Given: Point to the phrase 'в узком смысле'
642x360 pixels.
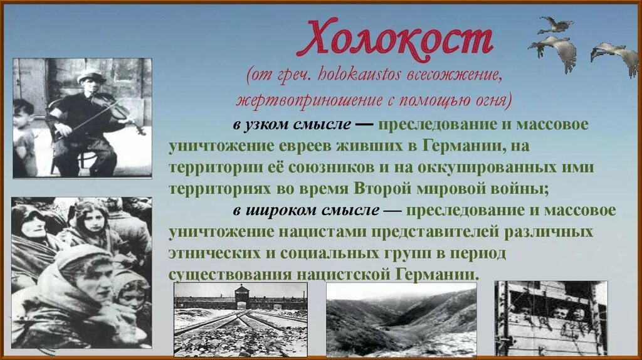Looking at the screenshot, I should click(x=292, y=124).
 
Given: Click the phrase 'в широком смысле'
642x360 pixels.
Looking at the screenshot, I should click(x=305, y=211).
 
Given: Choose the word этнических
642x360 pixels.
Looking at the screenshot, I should click(x=209, y=253).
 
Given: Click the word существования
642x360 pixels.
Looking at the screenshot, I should click(x=226, y=275).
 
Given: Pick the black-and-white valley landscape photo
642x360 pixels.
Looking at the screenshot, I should click(x=401, y=320).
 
